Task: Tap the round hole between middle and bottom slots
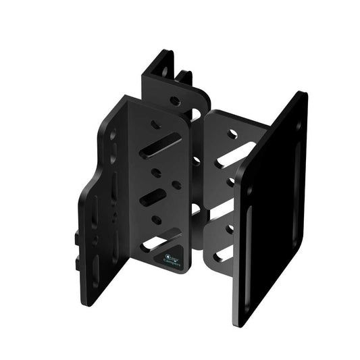coord(157,220)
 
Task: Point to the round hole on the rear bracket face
coord(174,101)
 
